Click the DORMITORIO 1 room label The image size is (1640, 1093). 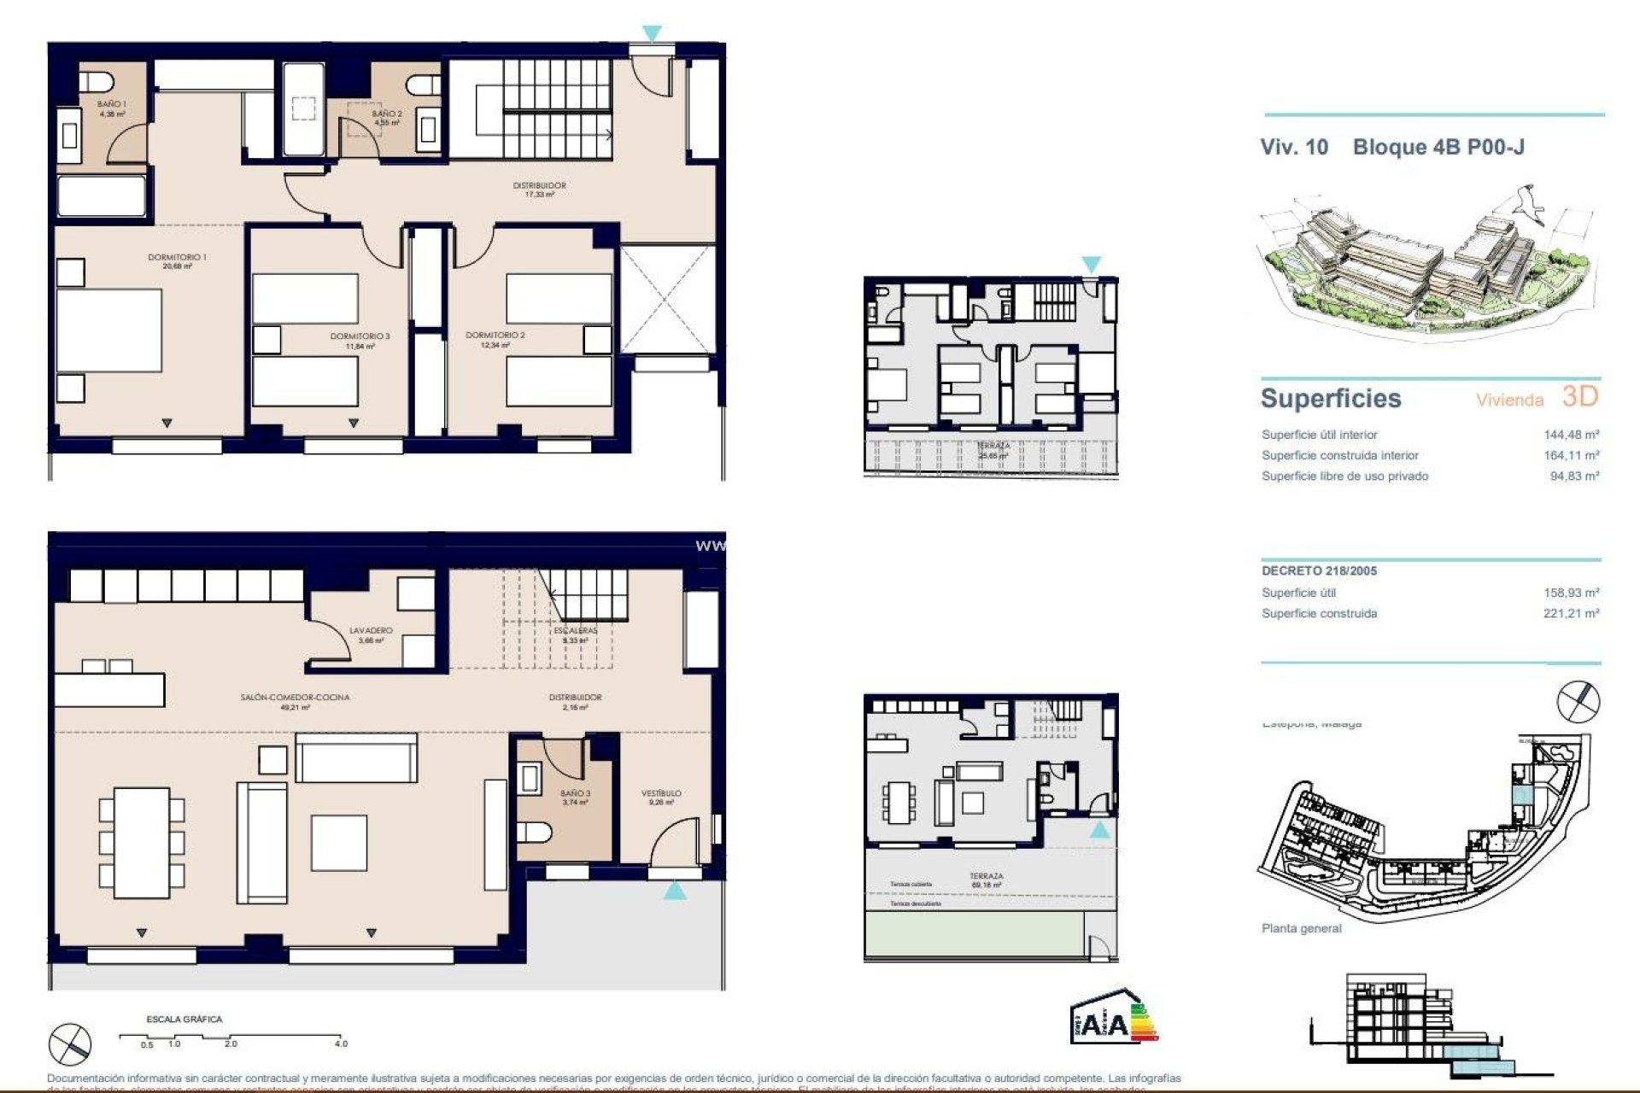177,257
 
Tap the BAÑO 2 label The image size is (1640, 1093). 386,114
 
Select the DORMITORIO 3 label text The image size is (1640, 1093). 360,336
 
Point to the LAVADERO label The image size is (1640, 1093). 371,631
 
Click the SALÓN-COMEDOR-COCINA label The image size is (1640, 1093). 295,698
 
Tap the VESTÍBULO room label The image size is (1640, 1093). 661,793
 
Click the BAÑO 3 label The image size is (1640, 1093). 575,793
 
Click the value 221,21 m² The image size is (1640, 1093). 1571,613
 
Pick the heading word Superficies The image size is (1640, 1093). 1331,399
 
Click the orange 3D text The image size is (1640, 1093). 1579,396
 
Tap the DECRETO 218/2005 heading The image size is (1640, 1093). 1319,571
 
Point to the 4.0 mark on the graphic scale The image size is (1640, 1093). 341,1043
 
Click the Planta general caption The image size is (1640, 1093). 1301,928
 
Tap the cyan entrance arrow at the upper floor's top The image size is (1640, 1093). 652,34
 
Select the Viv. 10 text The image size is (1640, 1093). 1294,147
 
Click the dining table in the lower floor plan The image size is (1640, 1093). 142,842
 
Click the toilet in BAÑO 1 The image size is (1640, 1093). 97,82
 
